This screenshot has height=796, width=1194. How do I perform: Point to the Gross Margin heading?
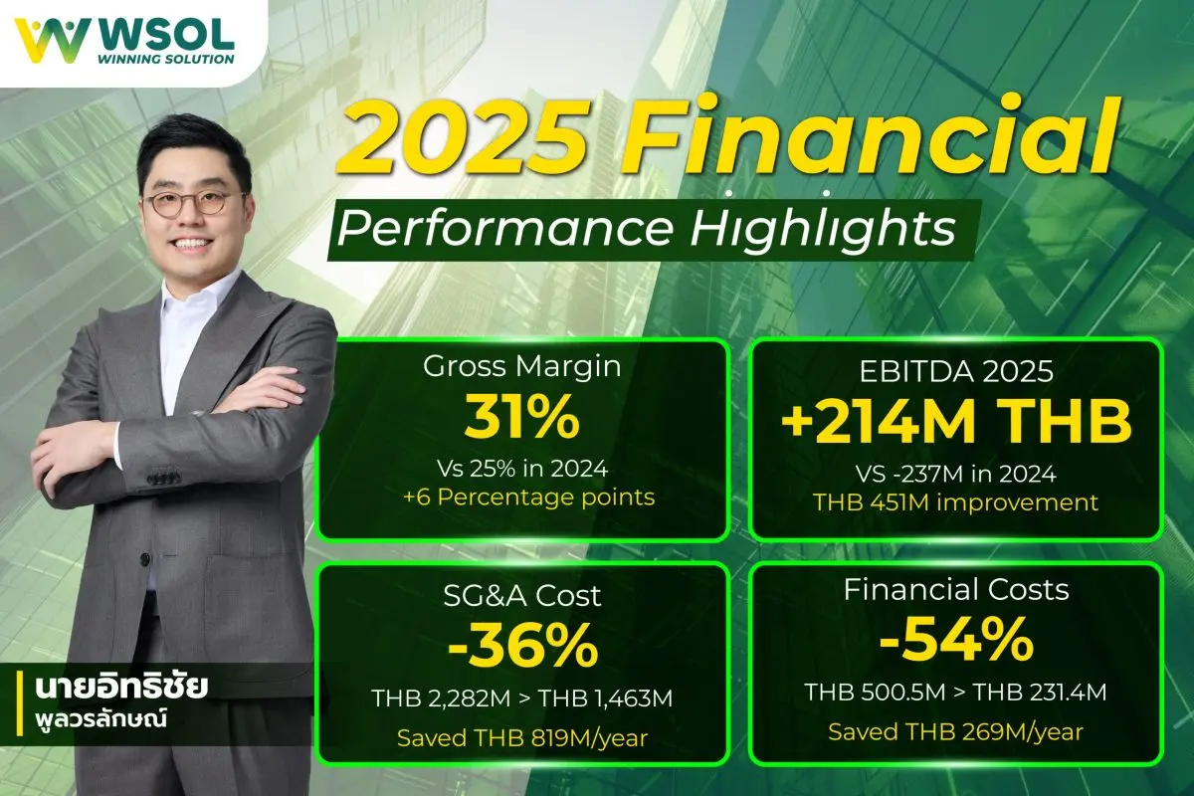tap(522, 366)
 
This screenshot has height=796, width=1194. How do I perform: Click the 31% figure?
tap(521, 419)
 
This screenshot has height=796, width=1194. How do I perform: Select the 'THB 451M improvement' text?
tap(955, 502)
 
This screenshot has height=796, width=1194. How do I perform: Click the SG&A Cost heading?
tap(522, 595)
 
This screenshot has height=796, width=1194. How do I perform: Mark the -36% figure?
tap(522, 648)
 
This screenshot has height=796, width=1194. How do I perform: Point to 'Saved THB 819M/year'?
tap(522, 738)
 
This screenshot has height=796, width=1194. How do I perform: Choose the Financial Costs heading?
tap(955, 589)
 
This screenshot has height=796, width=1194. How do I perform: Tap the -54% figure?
tap(955, 642)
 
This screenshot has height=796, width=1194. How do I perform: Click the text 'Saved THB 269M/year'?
tap(955, 731)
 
